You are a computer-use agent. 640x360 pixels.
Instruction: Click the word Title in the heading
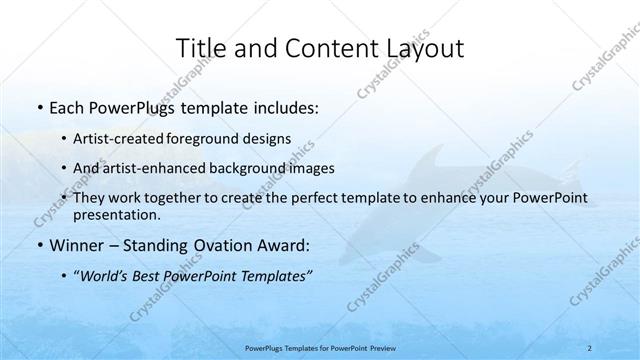click(199, 48)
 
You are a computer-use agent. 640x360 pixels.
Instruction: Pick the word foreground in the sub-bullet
click(218, 138)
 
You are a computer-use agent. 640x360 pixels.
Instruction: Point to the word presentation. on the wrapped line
click(116, 214)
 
